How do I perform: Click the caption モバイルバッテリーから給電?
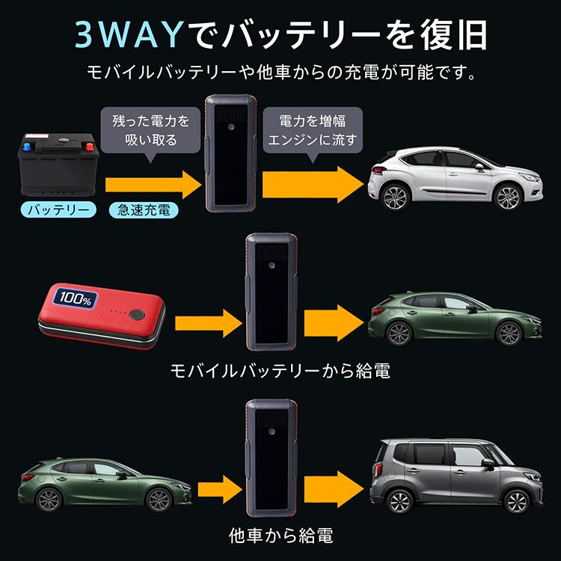pyautogui.click(x=280, y=371)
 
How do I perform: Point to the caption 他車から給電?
pyautogui.click(x=280, y=536)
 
